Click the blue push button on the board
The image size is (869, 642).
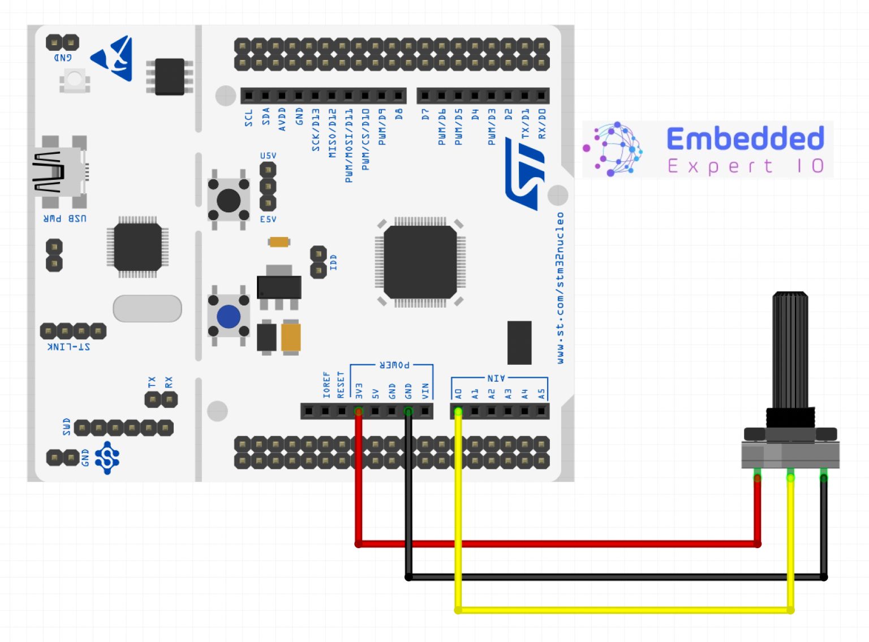point(229,317)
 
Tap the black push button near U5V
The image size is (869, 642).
point(229,200)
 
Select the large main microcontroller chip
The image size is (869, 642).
point(420,262)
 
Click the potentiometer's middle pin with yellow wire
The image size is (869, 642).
point(790,478)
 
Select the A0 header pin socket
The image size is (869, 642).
point(458,411)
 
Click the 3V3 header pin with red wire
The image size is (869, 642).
point(358,411)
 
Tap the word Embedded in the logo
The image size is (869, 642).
point(745,139)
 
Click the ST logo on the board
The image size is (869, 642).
point(526,175)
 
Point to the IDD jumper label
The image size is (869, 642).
point(333,262)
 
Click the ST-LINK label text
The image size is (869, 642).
point(68,346)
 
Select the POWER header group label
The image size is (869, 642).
point(394,365)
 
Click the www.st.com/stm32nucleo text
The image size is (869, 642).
point(560,288)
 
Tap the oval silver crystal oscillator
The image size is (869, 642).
point(147,308)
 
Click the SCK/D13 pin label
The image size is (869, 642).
point(316,130)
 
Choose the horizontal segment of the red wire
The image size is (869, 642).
point(557,544)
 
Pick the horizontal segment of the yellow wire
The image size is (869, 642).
point(622,610)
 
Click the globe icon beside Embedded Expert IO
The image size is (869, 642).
point(614,149)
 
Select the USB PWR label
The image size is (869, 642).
point(65,218)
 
